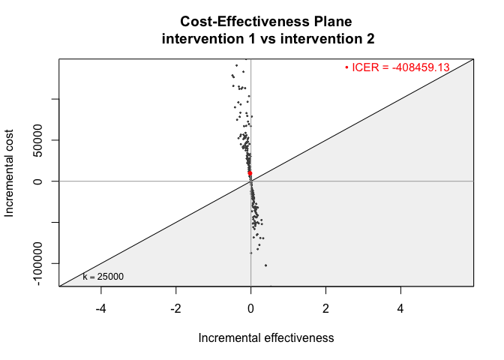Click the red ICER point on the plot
pos(250,173)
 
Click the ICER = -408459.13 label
pos(400,67)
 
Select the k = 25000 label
pos(103,277)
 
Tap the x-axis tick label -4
pos(100,309)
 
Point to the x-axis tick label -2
pos(175,309)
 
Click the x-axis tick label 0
pos(250,309)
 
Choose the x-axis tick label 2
pos(325,309)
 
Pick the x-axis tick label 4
pos(400,309)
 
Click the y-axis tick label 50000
pos(38,140)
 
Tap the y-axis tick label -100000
pos(38,263)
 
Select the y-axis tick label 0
pos(38,181)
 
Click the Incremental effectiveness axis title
pos(266,338)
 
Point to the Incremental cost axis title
pos(9,173)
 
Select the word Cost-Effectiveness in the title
pos(245,22)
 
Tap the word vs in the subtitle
pos(268,39)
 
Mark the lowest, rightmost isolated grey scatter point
pos(265,265)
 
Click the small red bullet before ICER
pos(346,67)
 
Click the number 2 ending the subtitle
pos(370,39)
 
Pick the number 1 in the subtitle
pos(253,39)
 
